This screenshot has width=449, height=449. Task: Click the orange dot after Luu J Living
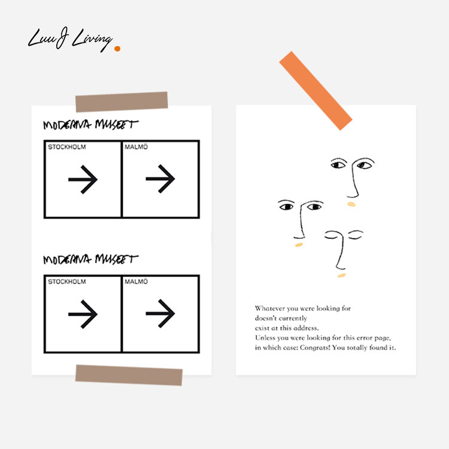[x=117, y=48]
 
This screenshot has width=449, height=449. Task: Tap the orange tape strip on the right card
[x=315, y=90]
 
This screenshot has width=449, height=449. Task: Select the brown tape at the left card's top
[x=122, y=102]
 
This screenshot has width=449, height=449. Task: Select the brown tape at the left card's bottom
[x=129, y=375]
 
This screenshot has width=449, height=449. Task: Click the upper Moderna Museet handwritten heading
[x=90, y=125]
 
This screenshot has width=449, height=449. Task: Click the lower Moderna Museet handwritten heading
[x=90, y=260]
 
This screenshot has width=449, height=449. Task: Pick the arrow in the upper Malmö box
[x=160, y=179]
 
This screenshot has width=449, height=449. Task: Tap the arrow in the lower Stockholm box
[x=83, y=314]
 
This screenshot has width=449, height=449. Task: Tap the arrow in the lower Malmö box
[x=160, y=313]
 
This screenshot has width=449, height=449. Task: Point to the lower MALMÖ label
[x=137, y=281]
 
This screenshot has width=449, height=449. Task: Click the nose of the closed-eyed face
[x=339, y=260]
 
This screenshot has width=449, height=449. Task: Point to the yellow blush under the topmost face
[x=351, y=204]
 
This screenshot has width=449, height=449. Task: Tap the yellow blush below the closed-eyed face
[x=341, y=275]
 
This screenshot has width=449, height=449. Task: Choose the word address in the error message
[x=307, y=328]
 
